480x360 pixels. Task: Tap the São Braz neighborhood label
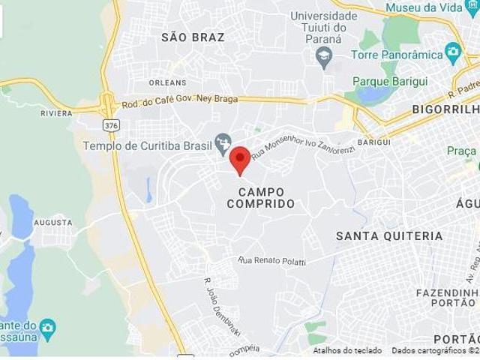(193, 37)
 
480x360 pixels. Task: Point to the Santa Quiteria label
(389, 236)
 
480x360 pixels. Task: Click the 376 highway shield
(112, 125)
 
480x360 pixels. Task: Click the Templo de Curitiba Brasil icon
(222, 142)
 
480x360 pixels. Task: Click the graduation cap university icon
(324, 57)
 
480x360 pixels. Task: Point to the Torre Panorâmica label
(397, 55)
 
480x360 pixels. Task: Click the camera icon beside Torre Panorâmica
(452, 53)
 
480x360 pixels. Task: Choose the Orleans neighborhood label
(167, 82)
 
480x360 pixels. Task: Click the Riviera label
(56, 113)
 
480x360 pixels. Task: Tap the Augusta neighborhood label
(53, 223)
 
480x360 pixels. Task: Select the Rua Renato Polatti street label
(273, 261)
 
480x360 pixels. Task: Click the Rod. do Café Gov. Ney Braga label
(180, 101)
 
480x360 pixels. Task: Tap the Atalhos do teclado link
(347, 350)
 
